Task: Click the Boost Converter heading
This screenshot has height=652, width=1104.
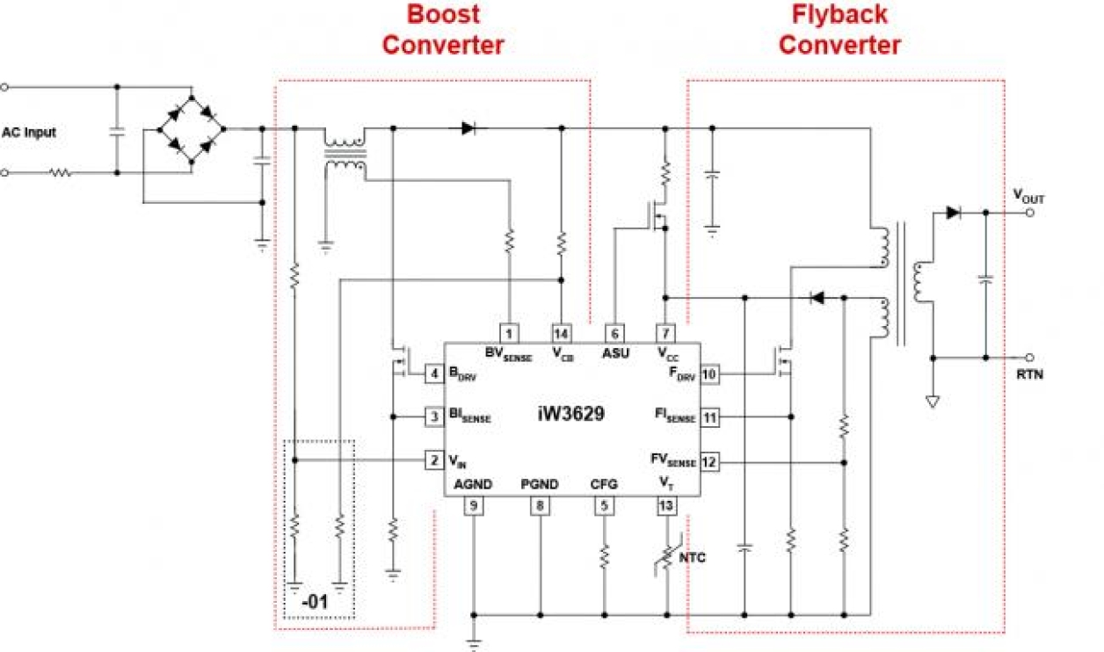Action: click(443, 29)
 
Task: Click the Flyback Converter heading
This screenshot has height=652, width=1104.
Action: click(839, 29)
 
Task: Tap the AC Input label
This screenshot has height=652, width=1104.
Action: click(29, 133)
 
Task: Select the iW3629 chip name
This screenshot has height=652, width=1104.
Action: click(570, 412)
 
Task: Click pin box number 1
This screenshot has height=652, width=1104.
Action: click(509, 333)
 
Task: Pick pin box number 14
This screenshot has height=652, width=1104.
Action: click(561, 333)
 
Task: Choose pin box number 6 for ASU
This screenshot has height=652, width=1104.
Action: click(614, 333)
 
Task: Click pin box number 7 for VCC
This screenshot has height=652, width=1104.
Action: click(667, 333)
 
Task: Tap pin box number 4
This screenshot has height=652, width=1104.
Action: click(433, 374)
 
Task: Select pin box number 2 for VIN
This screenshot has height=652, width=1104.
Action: click(433, 460)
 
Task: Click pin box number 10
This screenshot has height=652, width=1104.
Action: click(710, 374)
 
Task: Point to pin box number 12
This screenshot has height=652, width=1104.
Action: click(710, 461)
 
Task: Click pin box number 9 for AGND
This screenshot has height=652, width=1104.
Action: click(474, 505)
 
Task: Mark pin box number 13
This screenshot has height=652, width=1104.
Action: click(667, 505)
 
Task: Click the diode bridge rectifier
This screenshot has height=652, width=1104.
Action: click(191, 129)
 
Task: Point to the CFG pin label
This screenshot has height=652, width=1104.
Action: click(603, 484)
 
